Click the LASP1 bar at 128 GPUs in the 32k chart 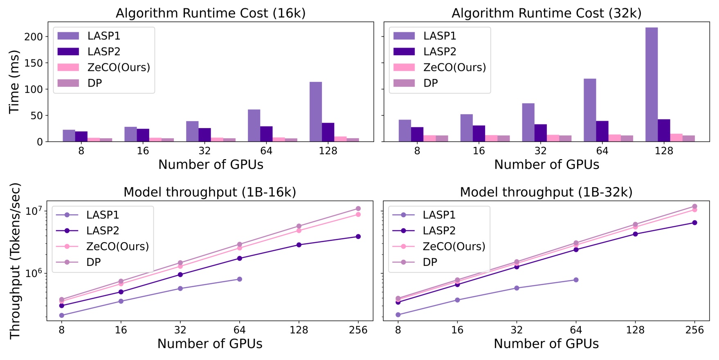coord(652,84)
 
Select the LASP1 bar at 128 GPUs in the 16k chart coord(315,112)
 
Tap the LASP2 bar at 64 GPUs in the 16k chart coord(266,134)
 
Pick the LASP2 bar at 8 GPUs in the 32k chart coord(417,134)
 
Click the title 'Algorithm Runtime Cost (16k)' coord(211,13)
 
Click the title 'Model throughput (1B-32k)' coord(546,192)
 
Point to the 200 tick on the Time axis coord(34,37)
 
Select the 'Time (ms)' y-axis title coord(14,82)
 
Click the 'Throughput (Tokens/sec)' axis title coord(15,261)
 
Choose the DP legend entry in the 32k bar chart coord(431,83)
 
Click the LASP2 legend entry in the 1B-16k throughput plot coord(103,231)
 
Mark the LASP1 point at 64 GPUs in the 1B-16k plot coord(240,279)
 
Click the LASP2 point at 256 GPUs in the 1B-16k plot coord(358,236)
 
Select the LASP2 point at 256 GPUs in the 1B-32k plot coord(694,223)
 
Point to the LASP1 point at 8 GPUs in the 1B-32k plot coord(398,315)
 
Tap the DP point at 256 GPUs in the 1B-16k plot coord(358,209)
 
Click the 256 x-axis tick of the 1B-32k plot coord(694,330)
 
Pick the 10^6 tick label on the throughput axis coord(34,273)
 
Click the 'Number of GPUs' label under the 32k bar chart coord(546,164)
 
